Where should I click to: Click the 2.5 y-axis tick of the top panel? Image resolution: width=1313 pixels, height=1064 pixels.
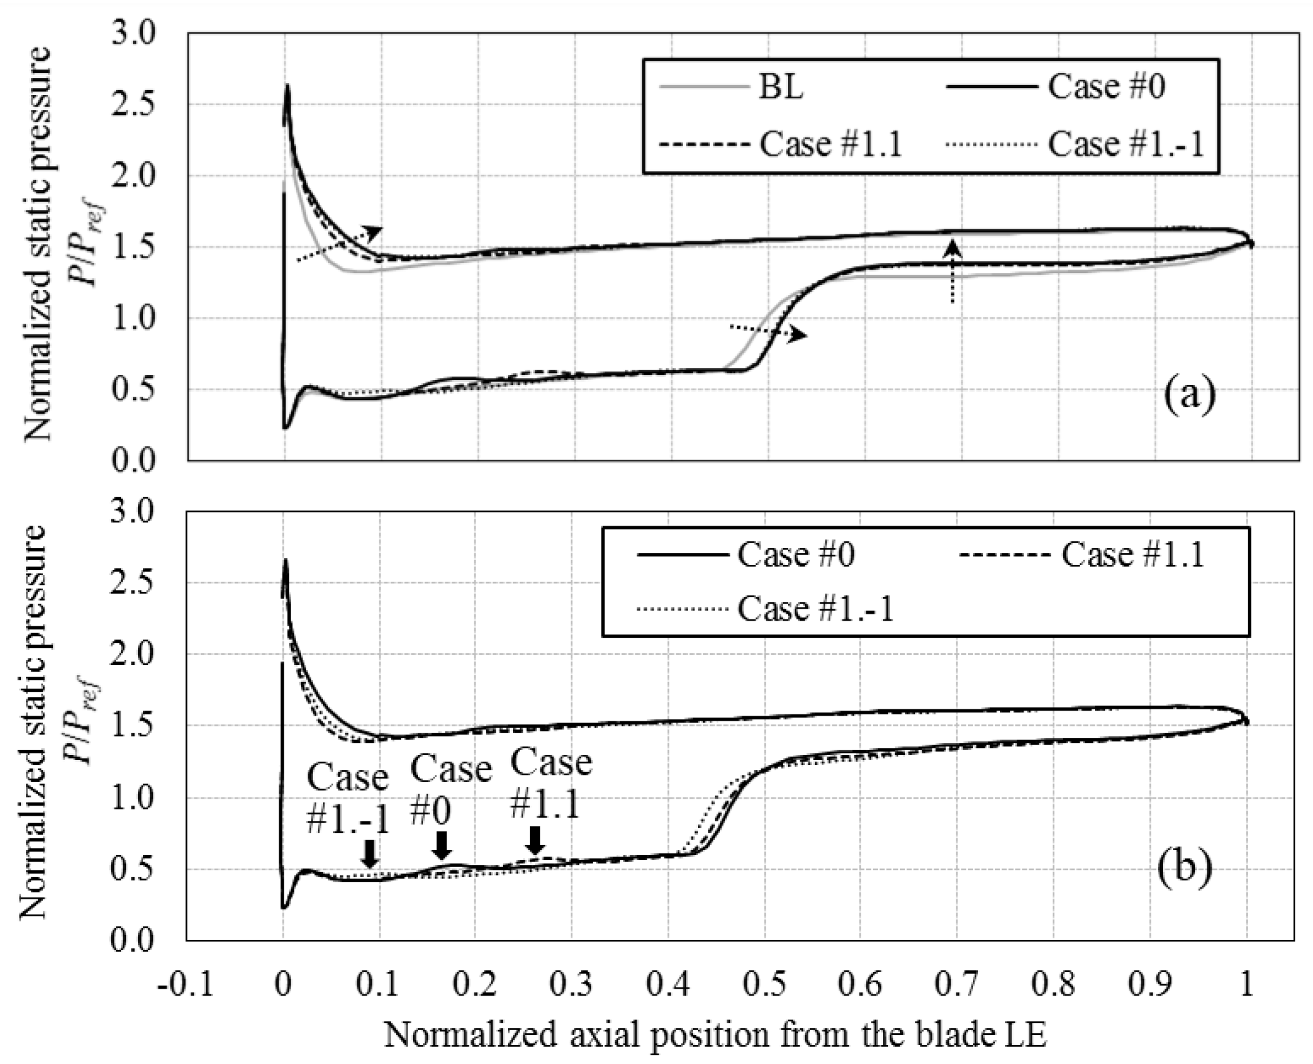pyautogui.click(x=134, y=104)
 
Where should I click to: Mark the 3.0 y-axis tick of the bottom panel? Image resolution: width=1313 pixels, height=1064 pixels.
pyautogui.click(x=133, y=511)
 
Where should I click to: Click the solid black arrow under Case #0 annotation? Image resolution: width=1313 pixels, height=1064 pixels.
pyautogui.click(x=443, y=845)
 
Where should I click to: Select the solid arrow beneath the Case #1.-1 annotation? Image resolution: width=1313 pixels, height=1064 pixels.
pyautogui.click(x=370, y=853)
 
